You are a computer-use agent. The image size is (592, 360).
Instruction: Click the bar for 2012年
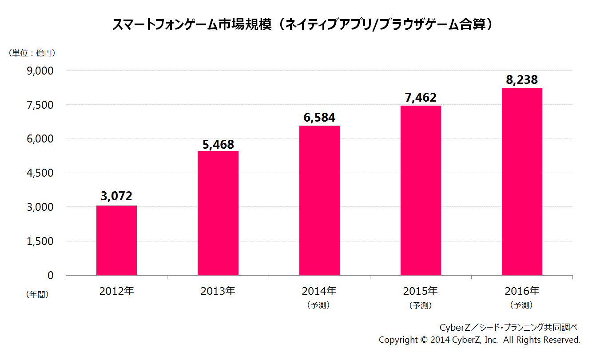pyautogui.click(x=116, y=240)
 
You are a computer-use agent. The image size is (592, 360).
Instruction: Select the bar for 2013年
pyautogui.click(x=218, y=213)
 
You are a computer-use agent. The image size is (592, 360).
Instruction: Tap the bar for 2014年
pyautogui.click(x=319, y=200)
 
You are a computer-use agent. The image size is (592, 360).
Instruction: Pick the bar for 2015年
pyautogui.click(x=421, y=190)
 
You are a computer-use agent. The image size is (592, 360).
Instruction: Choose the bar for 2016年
pyautogui.click(x=522, y=182)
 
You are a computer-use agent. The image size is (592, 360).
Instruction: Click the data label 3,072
pyautogui.click(x=116, y=196)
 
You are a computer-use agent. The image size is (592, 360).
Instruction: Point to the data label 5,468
pyautogui.click(x=218, y=144)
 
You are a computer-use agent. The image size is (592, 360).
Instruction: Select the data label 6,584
pyautogui.click(x=319, y=118)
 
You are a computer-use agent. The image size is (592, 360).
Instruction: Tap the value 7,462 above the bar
pyautogui.click(x=421, y=98)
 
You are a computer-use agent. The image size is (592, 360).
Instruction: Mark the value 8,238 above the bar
pyautogui.click(x=522, y=80)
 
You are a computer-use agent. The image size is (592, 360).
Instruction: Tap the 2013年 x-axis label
pyautogui.click(x=218, y=292)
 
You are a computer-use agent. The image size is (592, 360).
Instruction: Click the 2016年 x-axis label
pyautogui.click(x=522, y=292)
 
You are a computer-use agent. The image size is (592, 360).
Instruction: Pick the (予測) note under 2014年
pyautogui.click(x=319, y=305)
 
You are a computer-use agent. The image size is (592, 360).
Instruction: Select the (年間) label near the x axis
pyautogui.click(x=37, y=294)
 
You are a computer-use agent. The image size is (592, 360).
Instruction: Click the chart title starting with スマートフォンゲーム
pyautogui.click(x=303, y=24)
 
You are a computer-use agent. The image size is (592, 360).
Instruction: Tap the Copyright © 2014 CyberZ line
pyautogui.click(x=480, y=340)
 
